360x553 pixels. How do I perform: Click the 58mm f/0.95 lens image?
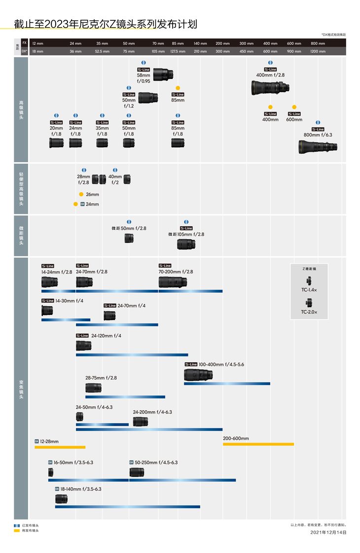pyautogui.click(x=163, y=74)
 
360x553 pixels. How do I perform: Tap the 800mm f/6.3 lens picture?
pyautogui.click(x=318, y=146)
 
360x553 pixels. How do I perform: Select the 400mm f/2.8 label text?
pyautogui.click(x=270, y=75)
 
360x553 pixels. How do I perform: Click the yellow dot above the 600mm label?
pyautogui.click(x=294, y=107)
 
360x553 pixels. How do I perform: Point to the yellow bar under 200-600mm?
pyautogui.click(x=258, y=444)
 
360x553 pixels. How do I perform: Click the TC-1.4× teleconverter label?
pyautogui.click(x=309, y=290)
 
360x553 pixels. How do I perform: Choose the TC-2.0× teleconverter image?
pyautogui.click(x=309, y=303)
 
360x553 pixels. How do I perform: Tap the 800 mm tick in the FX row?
pyautogui.click(x=318, y=44)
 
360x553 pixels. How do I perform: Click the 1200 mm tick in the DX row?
pyautogui.click(x=318, y=51)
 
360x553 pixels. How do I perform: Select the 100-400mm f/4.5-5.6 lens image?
pyautogui.click(x=198, y=375)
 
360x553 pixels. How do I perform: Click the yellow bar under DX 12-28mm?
pyautogui.click(x=60, y=447)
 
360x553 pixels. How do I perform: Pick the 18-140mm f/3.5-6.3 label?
pyautogui.click(x=81, y=489)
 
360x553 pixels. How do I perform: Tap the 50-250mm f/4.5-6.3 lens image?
pyautogui.click(x=137, y=472)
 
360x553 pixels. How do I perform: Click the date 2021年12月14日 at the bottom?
pyautogui.click(x=328, y=532)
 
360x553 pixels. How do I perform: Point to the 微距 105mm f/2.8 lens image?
pyautogui.click(x=186, y=243)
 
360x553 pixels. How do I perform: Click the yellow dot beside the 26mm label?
pyautogui.click(x=81, y=194)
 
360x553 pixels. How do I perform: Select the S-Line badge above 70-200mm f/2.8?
pyautogui.click(x=165, y=266)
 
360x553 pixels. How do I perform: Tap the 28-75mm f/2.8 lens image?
pyautogui.click(x=94, y=388)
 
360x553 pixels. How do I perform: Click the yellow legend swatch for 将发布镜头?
pyautogui.click(x=17, y=530)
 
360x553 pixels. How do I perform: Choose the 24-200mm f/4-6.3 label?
pyautogui.click(x=152, y=412)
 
